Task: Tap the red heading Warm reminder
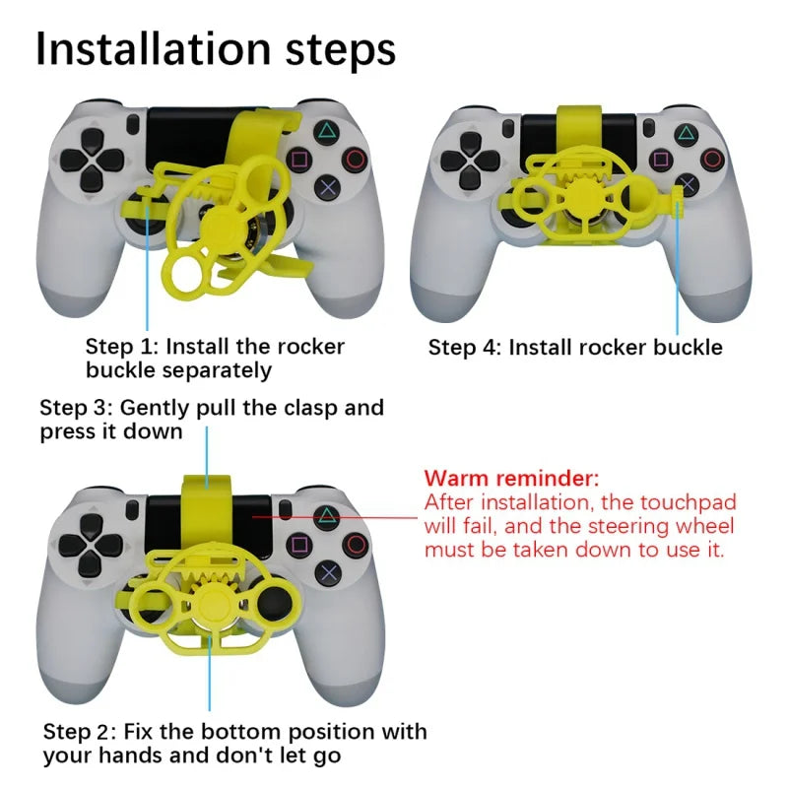pos(511,480)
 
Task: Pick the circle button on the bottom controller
pos(356,545)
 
